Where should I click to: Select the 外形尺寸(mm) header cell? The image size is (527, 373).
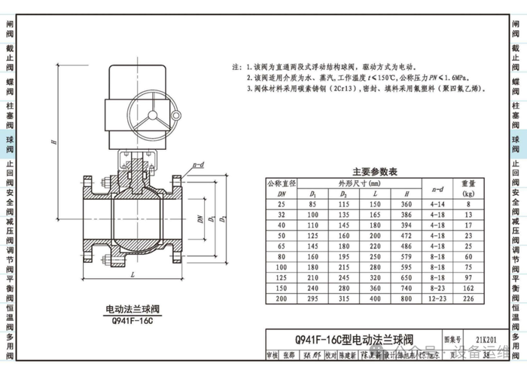pyautogui.click(x=358, y=182)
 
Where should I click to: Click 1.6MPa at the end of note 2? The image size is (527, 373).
pyautogui.click(x=446, y=78)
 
